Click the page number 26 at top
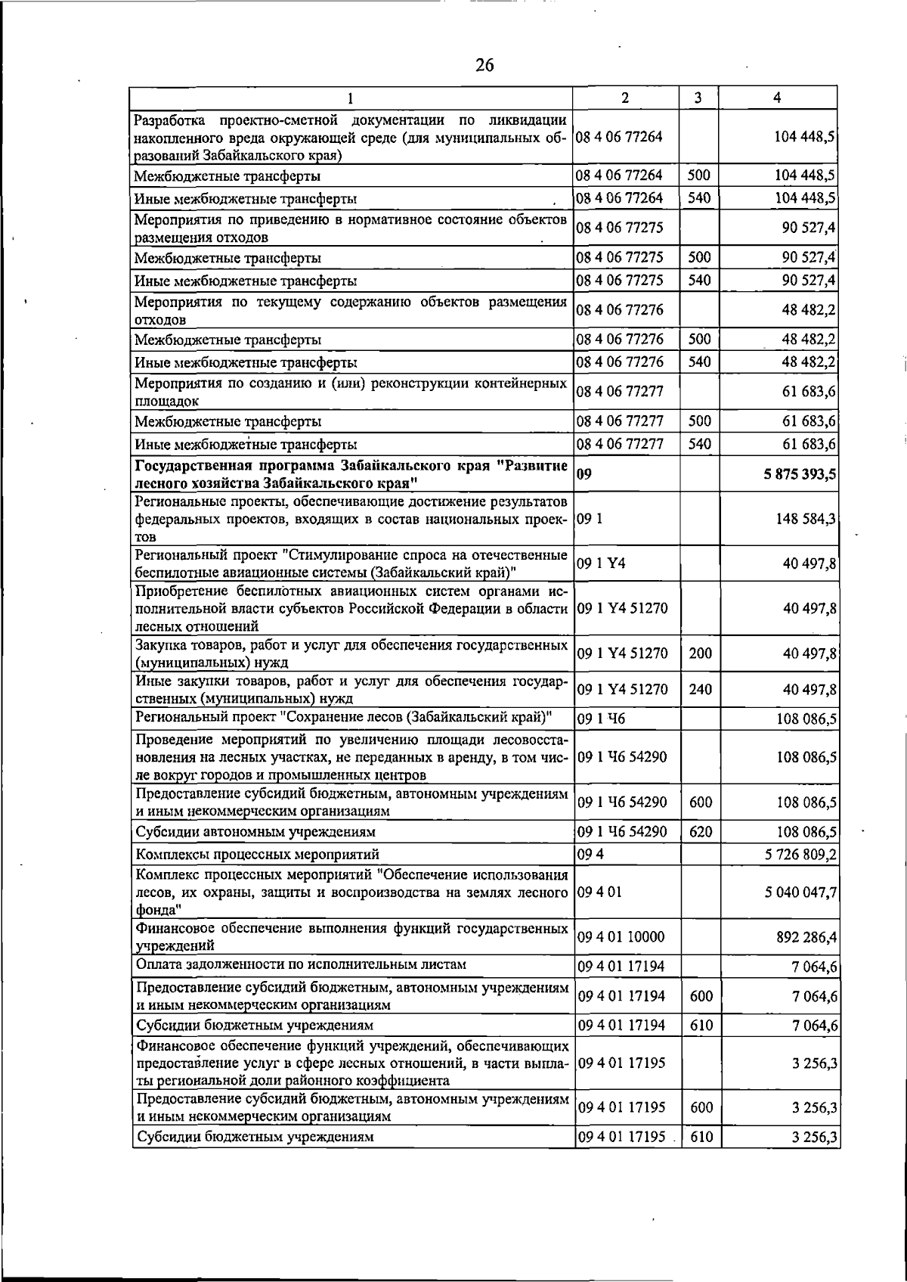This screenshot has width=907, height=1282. [x=484, y=65]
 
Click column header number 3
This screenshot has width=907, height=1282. [x=698, y=98]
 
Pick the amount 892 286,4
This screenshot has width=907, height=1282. [x=806, y=937]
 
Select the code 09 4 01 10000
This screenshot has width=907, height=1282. [x=621, y=937]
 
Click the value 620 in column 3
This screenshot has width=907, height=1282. [x=701, y=832]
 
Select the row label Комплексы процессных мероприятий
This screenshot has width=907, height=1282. [x=257, y=855]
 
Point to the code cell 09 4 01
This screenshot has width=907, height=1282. [x=599, y=892]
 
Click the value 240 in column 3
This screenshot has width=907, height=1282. [x=701, y=689]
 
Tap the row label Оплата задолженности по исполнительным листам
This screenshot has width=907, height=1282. [x=300, y=964]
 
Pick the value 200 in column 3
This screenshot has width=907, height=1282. [x=701, y=653]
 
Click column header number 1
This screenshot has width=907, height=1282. [x=351, y=98]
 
